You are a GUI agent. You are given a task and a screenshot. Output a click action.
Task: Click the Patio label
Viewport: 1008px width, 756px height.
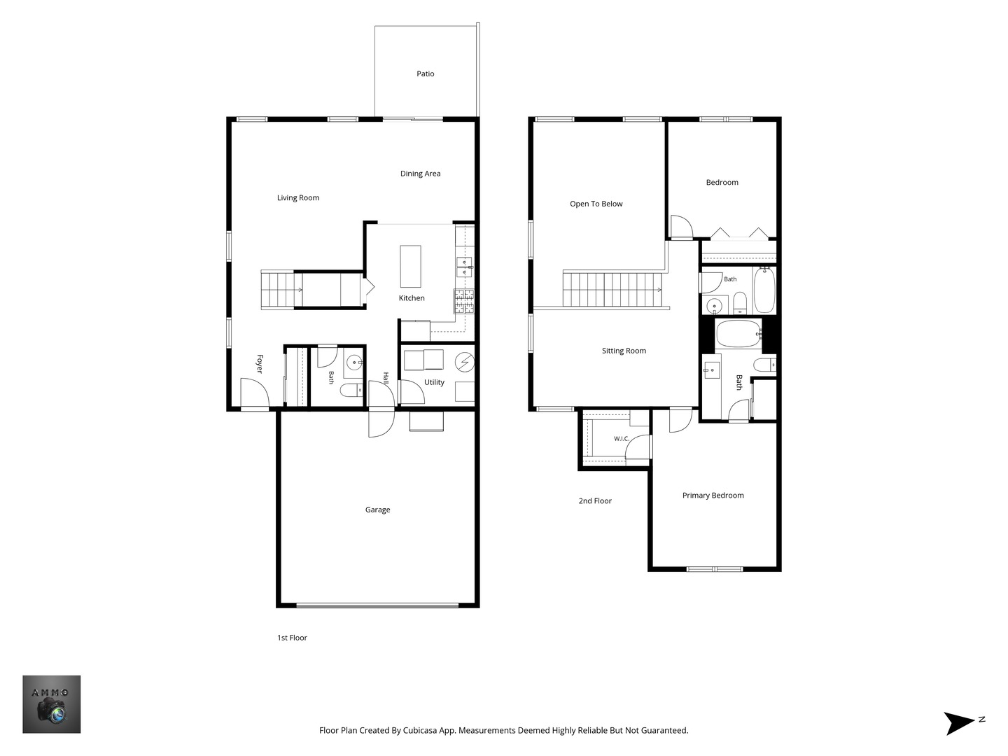(425, 73)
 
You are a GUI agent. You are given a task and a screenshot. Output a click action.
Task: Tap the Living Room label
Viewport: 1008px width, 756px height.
(298, 198)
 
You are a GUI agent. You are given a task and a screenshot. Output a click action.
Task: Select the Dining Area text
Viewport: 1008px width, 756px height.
(420, 174)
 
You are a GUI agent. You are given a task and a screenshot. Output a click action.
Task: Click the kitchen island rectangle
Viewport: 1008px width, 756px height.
(410, 266)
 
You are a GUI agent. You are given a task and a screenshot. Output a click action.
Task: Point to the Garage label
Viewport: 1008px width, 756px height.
(377, 510)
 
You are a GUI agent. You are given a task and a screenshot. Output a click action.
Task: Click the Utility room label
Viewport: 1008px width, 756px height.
(434, 382)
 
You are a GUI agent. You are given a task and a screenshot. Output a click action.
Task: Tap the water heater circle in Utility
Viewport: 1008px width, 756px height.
(464, 362)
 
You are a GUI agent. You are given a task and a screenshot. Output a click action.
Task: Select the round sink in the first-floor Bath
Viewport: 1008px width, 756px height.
(354, 363)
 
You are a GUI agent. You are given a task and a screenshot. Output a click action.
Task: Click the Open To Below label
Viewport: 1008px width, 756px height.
(596, 204)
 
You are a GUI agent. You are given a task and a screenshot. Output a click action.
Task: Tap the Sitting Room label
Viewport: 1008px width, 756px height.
(624, 351)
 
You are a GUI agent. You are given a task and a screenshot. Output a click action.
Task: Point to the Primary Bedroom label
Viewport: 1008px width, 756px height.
(713, 496)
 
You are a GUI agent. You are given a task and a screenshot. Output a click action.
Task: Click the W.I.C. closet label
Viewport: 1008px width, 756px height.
(622, 439)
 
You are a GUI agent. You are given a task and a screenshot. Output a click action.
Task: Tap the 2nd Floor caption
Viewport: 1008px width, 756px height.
(595, 500)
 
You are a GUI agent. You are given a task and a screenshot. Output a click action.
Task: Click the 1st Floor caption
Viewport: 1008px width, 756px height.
(292, 638)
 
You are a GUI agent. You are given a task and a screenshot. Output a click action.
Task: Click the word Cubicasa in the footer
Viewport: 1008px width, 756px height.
(420, 730)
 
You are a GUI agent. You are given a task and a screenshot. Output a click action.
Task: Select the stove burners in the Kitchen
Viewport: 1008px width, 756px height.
(464, 301)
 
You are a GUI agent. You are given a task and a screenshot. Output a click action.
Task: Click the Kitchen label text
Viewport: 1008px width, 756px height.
(412, 298)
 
